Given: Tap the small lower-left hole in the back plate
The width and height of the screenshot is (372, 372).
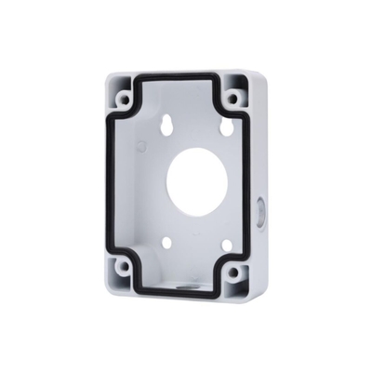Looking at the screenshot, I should tap(166, 242).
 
